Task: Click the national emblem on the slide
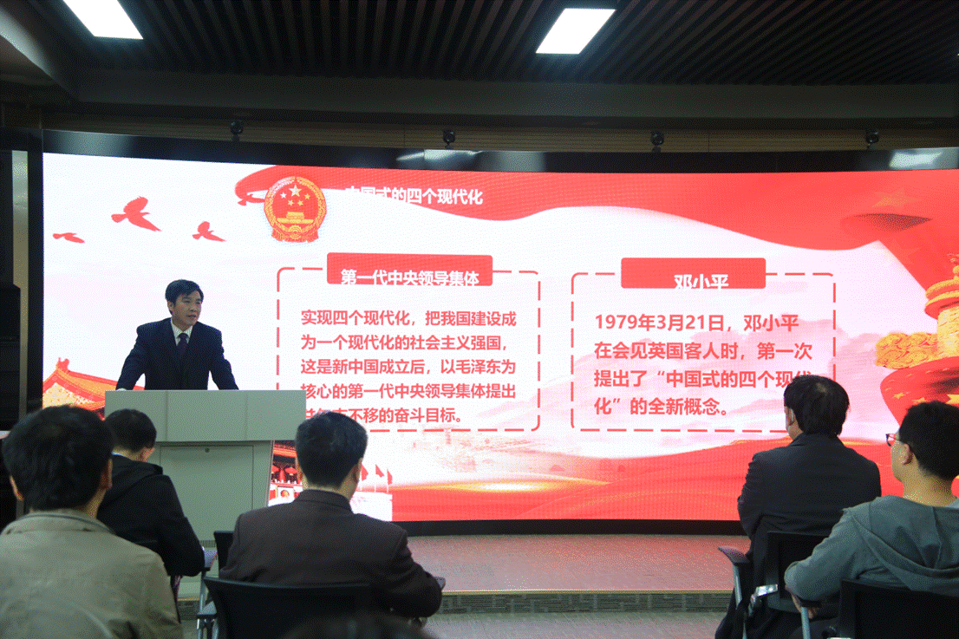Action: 295,209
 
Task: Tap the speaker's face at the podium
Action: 184,307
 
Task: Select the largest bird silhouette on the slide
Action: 136,213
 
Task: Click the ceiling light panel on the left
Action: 103,18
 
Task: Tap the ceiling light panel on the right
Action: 575,30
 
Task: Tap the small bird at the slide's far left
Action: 68,237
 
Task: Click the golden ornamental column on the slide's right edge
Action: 932,329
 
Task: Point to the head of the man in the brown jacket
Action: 331,452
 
